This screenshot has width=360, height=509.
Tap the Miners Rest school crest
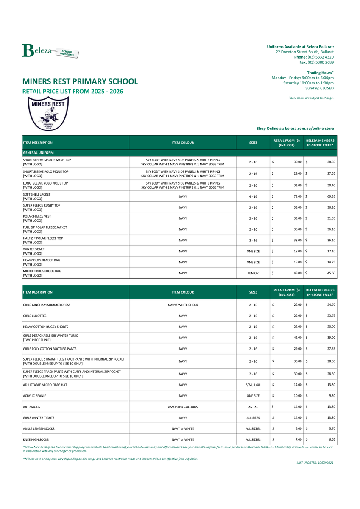(47, 113)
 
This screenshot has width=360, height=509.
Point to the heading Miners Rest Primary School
(80, 81)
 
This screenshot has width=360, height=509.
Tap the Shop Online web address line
(295, 128)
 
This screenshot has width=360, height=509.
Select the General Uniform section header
(38, 152)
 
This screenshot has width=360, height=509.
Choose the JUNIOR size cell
(253, 273)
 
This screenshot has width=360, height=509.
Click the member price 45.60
(330, 273)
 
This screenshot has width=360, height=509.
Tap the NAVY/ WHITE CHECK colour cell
(183, 305)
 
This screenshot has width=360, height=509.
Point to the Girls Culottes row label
(35, 316)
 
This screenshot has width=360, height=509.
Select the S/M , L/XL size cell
(253, 385)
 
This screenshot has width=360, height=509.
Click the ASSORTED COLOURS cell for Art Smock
(183, 407)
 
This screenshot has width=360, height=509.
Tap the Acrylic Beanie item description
(34, 396)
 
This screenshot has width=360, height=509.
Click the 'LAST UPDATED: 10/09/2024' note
(315, 463)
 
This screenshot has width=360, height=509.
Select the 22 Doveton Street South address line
(304, 51)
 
